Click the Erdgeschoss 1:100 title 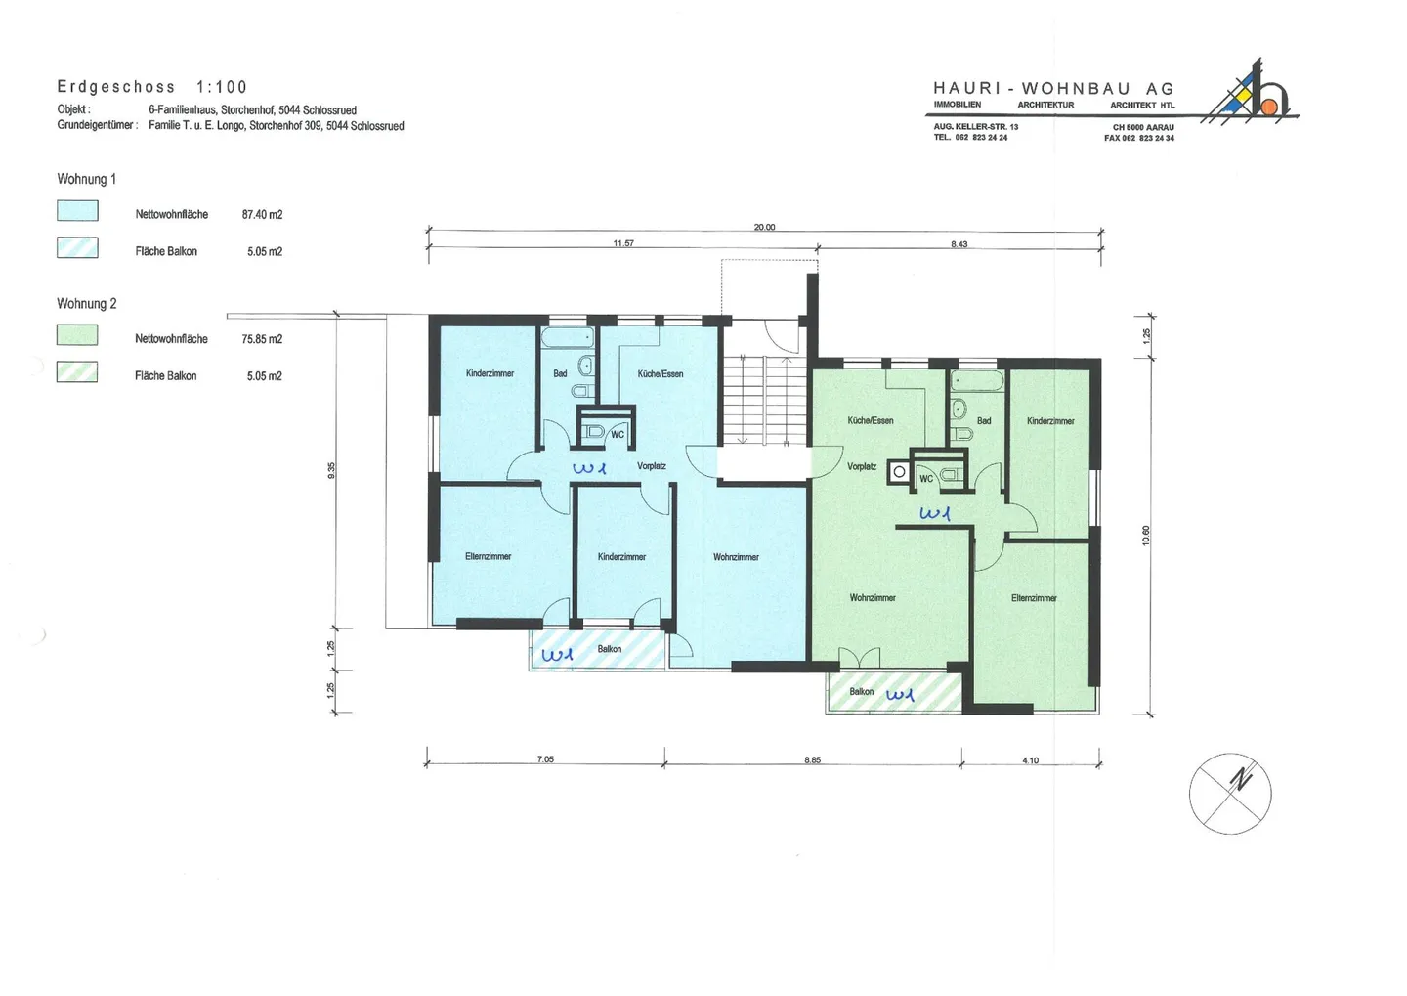tap(152, 87)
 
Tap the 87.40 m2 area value tap(262, 214)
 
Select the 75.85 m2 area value tap(262, 339)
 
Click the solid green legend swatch tap(77, 335)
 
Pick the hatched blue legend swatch tap(77, 247)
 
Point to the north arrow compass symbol tap(1230, 794)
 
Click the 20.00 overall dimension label tap(764, 227)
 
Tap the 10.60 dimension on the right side tap(1145, 536)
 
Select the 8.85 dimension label tap(812, 759)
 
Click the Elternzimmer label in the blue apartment tap(489, 556)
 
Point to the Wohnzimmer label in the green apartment tap(873, 597)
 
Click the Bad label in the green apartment tap(984, 421)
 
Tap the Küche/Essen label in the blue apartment tap(661, 374)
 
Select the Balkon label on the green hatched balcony tap(861, 691)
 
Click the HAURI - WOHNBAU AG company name tap(1053, 89)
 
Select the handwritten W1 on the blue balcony tap(557, 655)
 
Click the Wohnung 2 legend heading tap(87, 304)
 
